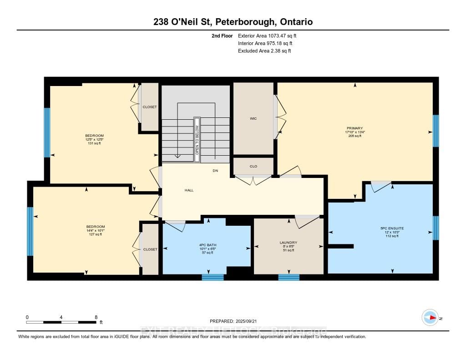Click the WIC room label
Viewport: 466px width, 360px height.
[253, 119]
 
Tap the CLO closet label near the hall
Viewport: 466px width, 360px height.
[253, 166]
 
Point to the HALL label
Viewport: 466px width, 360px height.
[189, 190]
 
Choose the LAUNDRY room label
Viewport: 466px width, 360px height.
[289, 243]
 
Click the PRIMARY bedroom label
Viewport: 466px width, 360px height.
[354, 128]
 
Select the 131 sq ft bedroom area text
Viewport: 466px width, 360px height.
[95, 143]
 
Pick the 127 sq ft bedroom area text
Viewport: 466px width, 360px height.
[96, 235]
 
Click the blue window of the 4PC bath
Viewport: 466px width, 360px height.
[213, 277]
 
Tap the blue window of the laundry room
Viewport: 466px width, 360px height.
[289, 277]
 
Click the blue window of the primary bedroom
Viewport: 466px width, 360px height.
[436, 131]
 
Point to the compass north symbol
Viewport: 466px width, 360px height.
[430, 317]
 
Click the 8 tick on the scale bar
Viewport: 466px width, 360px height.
[96, 317]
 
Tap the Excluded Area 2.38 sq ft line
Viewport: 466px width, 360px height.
[264, 51]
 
